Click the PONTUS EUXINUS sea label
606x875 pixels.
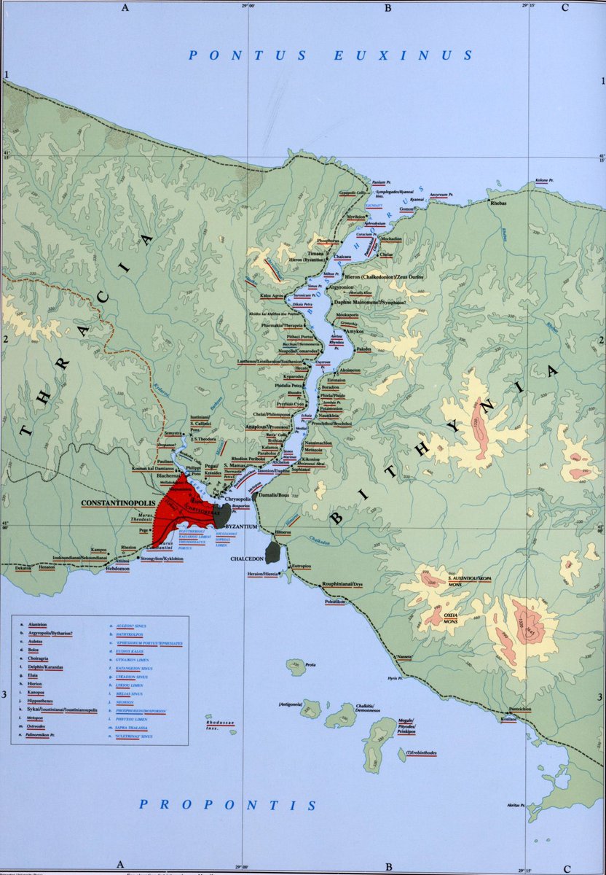331,55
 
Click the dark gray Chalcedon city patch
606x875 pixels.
274,551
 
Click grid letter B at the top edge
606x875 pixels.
388,8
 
